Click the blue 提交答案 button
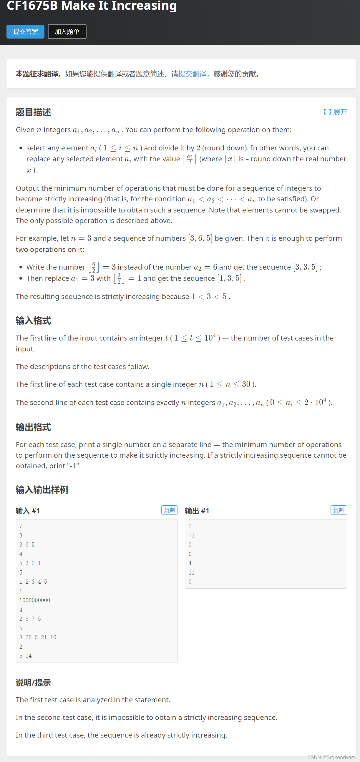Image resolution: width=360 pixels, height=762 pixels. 25,32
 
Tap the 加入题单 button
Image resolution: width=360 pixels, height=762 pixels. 67,32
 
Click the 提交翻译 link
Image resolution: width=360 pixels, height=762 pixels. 192,74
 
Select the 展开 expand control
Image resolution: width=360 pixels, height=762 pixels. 336,112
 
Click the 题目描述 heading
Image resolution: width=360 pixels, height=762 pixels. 34,112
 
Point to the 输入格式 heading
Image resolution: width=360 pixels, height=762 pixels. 34,321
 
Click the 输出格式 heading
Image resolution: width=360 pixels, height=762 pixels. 34,427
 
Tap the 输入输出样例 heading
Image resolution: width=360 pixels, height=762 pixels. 42,489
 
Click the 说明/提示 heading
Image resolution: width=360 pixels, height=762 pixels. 34,683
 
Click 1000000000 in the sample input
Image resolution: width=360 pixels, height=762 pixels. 35,600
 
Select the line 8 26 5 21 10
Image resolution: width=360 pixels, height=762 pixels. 38,637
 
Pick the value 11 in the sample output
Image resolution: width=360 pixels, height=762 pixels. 191,572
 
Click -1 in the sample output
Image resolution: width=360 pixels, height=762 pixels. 191,535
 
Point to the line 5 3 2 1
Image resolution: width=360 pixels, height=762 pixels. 30,563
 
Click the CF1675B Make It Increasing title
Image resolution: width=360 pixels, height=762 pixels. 92,6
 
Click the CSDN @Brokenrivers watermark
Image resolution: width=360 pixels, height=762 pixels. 331,757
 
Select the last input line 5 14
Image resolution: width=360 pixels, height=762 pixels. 26,656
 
